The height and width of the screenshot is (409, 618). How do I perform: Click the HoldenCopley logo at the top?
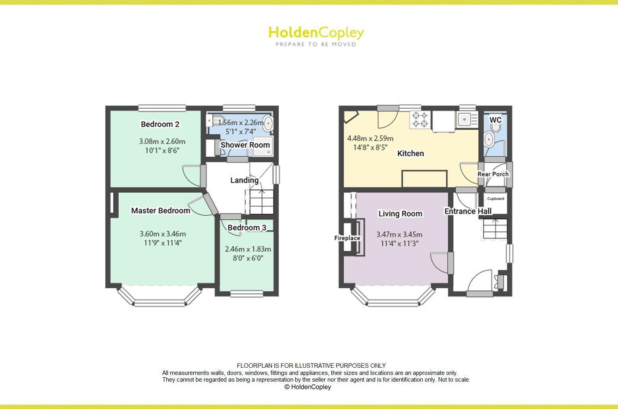(x=316, y=36)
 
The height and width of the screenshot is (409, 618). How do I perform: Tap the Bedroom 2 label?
(x=160, y=124)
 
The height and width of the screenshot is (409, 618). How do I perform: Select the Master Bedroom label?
(x=160, y=211)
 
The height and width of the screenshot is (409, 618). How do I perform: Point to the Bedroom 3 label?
(x=246, y=228)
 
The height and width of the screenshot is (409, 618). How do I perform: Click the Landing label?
(x=244, y=180)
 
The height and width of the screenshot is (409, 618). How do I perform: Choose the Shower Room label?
(x=245, y=145)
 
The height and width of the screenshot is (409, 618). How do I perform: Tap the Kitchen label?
(x=410, y=154)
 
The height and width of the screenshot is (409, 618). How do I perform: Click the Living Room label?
(x=400, y=214)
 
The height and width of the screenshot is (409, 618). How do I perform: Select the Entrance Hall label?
(x=468, y=211)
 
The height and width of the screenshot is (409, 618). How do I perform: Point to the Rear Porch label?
(x=493, y=174)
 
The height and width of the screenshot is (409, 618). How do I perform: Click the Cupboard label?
(x=495, y=199)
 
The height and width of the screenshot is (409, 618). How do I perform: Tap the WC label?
(x=495, y=120)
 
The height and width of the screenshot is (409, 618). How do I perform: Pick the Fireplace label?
(x=347, y=238)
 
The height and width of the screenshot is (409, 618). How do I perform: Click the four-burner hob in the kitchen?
(x=420, y=120)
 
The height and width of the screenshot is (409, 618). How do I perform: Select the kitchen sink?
(x=463, y=119)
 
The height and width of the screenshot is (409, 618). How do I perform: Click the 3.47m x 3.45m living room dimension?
(x=399, y=234)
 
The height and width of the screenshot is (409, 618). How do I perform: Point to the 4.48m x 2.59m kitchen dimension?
(x=370, y=138)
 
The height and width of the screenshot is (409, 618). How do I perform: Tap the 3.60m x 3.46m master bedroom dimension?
(x=163, y=234)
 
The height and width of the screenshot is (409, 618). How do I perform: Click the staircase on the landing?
(x=262, y=202)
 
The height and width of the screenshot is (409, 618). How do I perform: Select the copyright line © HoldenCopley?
(x=308, y=387)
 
